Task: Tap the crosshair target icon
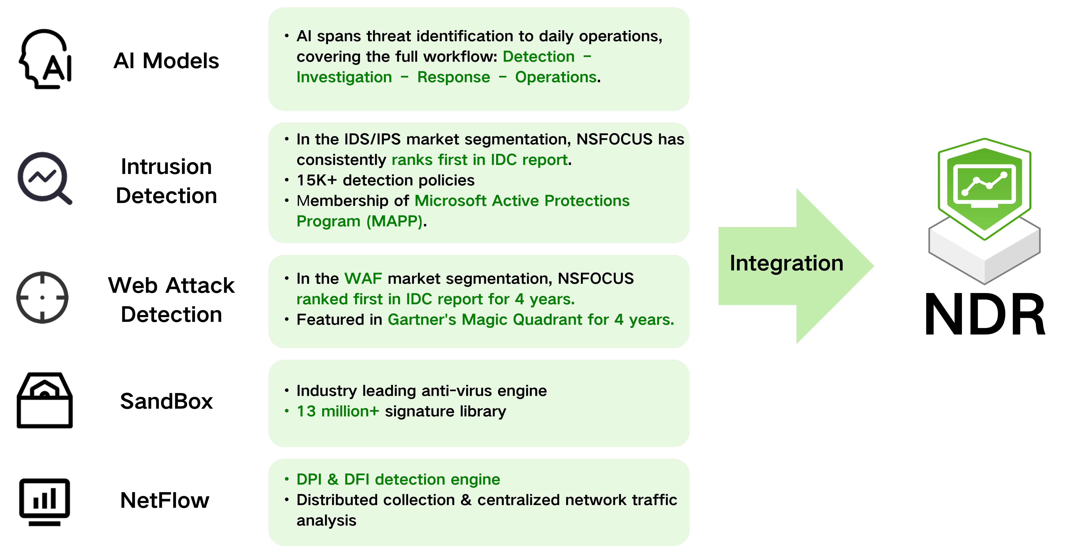pyautogui.click(x=42, y=297)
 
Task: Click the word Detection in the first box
pyautogui.click(x=538, y=57)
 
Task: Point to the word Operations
pyautogui.click(x=556, y=77)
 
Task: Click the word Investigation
pyautogui.click(x=344, y=77)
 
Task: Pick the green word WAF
pyautogui.click(x=363, y=278)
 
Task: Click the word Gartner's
pyautogui.click(x=422, y=319)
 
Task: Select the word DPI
pyautogui.click(x=309, y=479)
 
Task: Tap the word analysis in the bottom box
pyautogui.click(x=326, y=520)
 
